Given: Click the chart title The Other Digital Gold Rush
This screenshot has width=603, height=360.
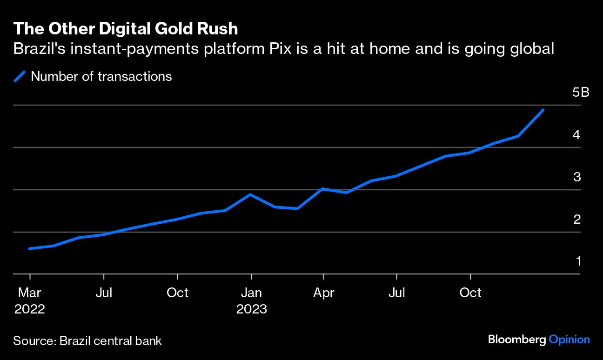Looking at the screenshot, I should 126,29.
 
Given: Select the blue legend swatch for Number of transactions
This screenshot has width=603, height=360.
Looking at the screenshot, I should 20,76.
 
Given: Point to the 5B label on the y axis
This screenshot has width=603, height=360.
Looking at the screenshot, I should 581,93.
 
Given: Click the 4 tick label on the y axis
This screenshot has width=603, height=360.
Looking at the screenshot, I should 577,135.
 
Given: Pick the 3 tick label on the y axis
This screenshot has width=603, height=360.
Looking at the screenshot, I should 577,177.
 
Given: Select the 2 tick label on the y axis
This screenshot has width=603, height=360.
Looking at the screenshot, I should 577,219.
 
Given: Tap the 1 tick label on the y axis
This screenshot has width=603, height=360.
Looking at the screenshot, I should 578,261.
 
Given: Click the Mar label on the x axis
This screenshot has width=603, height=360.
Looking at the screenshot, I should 30,293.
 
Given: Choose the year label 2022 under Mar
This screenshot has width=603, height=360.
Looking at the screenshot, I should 30,309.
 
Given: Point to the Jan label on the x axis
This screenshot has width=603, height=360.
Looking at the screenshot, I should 251,293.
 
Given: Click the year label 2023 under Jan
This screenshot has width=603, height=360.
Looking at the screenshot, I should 251,309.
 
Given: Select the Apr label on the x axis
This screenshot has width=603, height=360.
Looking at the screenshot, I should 323,293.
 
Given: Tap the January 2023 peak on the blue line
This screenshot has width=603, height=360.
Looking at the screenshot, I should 251,194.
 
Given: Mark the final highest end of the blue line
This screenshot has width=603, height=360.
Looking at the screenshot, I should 543,110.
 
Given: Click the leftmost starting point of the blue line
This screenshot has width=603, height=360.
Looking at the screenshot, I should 30,248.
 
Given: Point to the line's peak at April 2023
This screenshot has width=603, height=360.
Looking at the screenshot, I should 323,189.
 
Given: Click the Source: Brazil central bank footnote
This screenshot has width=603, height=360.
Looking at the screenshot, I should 87,341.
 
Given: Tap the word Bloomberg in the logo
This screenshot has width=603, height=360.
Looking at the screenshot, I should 516,340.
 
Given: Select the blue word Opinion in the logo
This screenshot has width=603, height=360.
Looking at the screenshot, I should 569,340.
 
